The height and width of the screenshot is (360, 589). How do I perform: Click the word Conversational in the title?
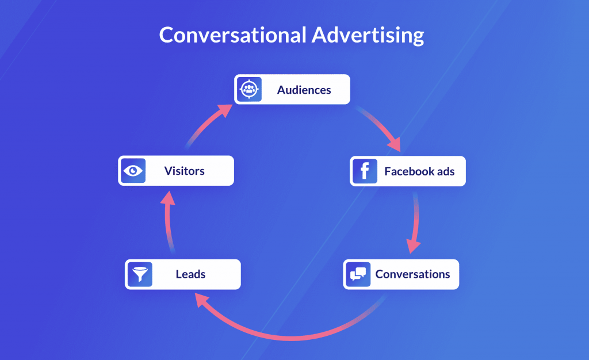point(233,35)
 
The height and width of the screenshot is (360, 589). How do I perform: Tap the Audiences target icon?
point(250,89)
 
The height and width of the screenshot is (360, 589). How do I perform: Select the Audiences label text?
point(304,90)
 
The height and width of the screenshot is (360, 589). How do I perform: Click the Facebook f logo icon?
point(365,171)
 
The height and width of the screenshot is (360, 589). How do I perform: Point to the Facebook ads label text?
point(419,171)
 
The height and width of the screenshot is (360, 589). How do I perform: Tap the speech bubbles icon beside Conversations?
point(358,274)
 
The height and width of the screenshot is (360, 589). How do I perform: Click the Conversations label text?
point(412,274)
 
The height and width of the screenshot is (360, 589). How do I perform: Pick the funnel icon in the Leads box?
point(140,274)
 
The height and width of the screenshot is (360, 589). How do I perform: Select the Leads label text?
point(190,274)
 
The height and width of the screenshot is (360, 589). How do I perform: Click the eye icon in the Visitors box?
point(133,171)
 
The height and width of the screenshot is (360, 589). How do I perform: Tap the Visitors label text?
point(185,171)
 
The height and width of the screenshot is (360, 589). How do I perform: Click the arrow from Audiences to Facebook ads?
point(380,126)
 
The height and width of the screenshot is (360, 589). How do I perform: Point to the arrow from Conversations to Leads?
point(291,338)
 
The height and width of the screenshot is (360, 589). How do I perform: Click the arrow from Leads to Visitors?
point(167,222)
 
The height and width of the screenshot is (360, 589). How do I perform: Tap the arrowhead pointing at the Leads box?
point(202,299)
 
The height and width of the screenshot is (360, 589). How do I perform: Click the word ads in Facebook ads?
point(446,171)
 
